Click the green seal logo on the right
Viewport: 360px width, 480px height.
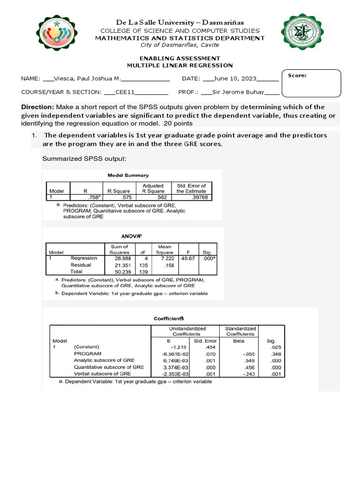click(303, 32)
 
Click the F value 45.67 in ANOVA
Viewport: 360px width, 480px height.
click(188, 258)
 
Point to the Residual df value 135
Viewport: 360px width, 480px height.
click(143, 265)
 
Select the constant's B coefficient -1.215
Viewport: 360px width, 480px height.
click(173, 347)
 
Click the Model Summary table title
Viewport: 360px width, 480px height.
click(128, 175)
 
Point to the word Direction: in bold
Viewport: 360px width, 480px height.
click(37, 107)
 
